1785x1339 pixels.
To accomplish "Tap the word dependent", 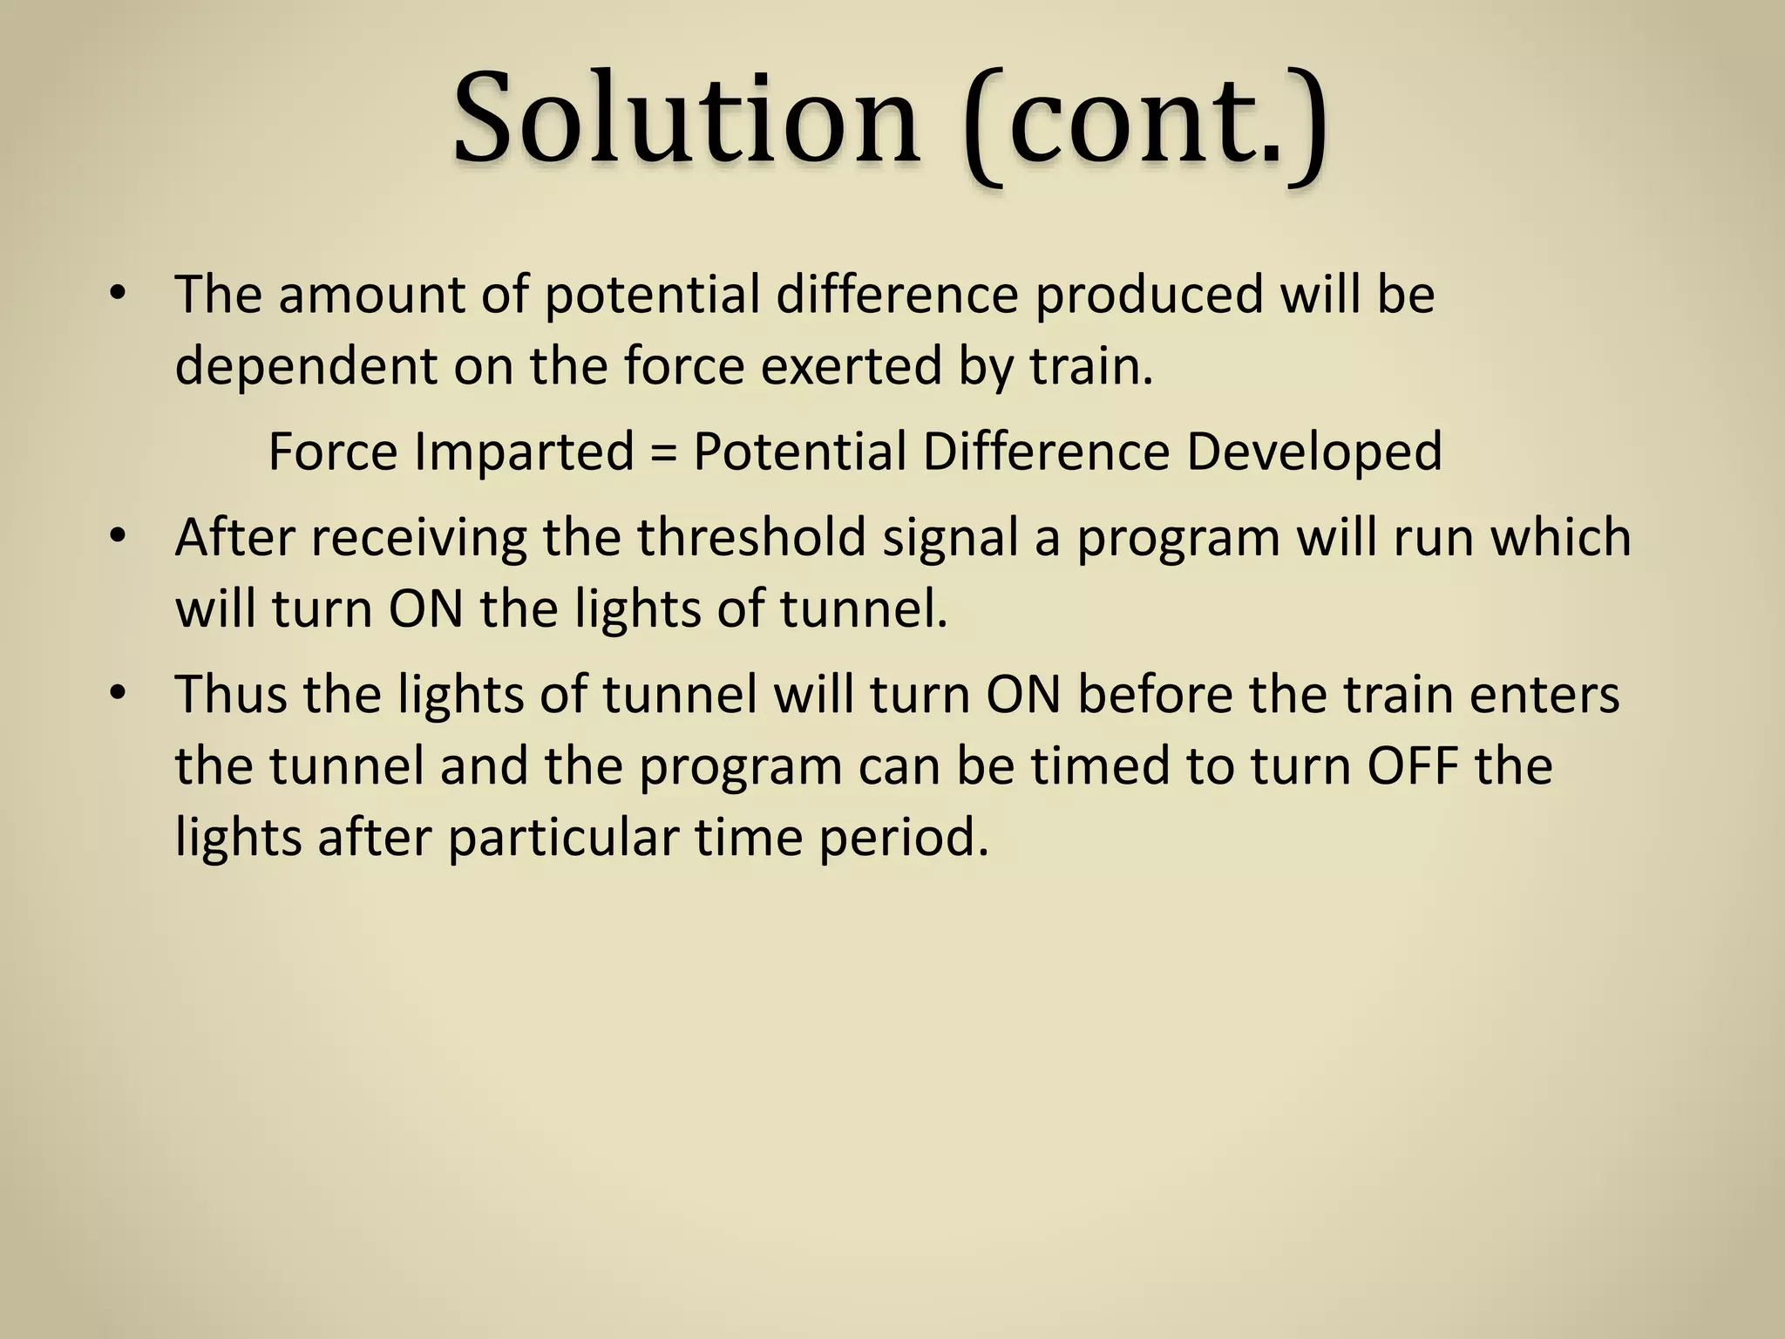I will [306, 366].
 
